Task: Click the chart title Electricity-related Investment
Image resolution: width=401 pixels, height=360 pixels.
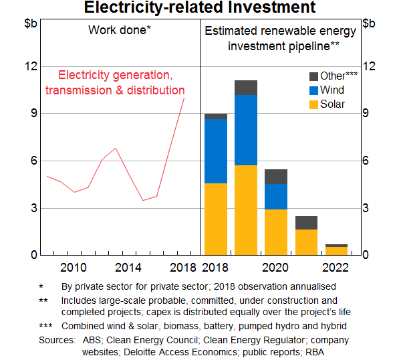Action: (x=200, y=8)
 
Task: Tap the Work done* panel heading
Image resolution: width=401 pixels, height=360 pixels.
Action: (x=120, y=30)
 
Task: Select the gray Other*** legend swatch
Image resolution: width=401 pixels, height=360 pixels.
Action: (x=313, y=76)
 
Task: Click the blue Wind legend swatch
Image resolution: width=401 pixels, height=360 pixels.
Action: (x=313, y=90)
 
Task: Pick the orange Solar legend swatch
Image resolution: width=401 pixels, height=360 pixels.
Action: (x=313, y=104)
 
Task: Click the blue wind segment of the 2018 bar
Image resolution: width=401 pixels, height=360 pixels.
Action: (x=216, y=151)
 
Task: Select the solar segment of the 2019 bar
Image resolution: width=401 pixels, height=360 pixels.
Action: (x=246, y=209)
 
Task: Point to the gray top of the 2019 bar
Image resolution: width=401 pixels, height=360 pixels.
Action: (x=246, y=88)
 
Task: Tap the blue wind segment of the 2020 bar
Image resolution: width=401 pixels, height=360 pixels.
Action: (x=276, y=197)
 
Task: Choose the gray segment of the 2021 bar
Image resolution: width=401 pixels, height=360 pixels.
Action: (x=306, y=223)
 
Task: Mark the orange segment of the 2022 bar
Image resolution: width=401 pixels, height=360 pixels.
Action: (x=336, y=251)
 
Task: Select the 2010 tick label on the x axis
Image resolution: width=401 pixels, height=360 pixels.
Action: (x=73, y=268)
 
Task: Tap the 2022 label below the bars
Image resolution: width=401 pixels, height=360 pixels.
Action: (x=336, y=268)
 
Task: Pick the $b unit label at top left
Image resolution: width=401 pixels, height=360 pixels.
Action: (x=31, y=23)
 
